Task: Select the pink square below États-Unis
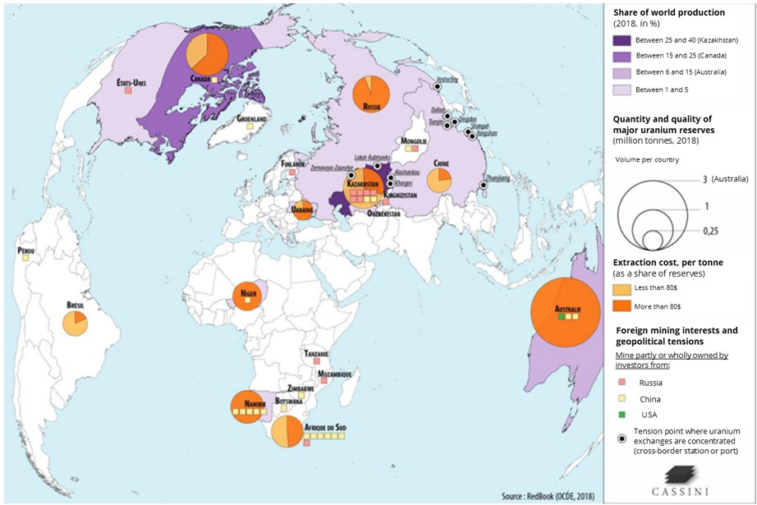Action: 128,90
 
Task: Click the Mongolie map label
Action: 414,140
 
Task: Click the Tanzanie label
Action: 317,354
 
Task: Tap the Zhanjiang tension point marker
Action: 484,186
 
